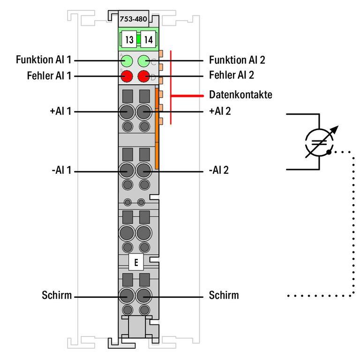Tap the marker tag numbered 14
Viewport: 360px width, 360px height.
point(148,39)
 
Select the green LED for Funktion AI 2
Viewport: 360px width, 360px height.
point(143,61)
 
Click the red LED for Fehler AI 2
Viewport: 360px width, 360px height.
point(143,75)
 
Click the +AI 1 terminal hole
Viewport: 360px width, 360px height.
point(127,112)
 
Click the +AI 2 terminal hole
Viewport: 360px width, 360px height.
point(143,112)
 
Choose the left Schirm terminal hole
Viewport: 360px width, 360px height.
point(127,296)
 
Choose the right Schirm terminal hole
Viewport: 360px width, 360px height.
point(143,296)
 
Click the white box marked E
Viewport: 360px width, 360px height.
point(136,263)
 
